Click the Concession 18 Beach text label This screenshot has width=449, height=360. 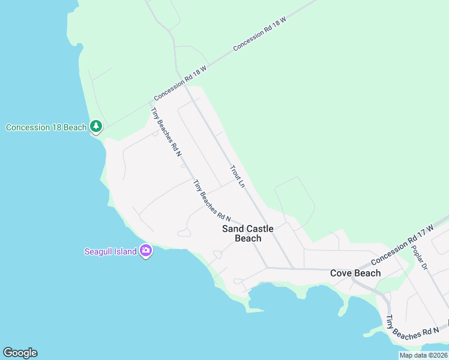46,127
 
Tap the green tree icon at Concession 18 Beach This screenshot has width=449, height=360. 96,127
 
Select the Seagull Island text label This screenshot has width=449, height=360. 110,251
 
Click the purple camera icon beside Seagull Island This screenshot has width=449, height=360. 145,251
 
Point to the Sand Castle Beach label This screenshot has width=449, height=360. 247,233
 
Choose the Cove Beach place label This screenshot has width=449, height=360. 355,273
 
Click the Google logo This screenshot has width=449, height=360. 20,353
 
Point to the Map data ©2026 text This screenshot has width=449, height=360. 424,355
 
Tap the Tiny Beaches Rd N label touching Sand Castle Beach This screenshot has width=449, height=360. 212,201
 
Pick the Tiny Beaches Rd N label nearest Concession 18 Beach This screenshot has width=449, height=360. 166,132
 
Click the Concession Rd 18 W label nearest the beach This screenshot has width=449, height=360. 180,83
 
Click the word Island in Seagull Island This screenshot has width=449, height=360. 126,251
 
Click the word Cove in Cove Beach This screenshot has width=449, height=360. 342,273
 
